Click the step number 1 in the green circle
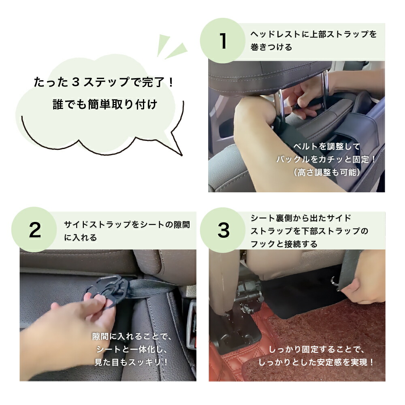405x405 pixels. (223, 41)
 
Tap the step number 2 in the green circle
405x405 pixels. (35, 230)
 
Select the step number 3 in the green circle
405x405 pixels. (224, 230)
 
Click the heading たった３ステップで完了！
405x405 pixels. (104, 82)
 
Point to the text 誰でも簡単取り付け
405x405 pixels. (105, 104)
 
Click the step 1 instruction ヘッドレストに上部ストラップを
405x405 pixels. (313, 34)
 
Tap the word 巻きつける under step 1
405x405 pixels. (271, 47)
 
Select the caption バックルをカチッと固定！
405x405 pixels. (326, 159)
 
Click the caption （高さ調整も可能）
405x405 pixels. (327, 172)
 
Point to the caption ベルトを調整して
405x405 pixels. (326, 147)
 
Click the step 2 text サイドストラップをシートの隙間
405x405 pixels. (127, 224)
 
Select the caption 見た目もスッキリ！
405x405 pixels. (131, 362)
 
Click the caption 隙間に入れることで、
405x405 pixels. (132, 336)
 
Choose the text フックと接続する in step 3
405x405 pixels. (283, 244)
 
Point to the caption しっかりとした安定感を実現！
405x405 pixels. (316, 362)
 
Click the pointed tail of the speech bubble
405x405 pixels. (181, 155)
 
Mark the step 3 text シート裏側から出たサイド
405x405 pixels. (301, 218)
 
